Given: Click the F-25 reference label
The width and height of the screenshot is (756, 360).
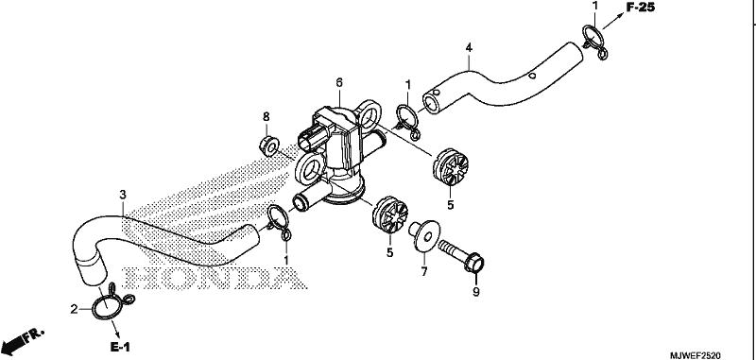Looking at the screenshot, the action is pos(641,8).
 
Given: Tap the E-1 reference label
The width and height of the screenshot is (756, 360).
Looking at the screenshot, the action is pos(120,347).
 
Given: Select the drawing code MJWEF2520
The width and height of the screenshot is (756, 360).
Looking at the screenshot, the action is pos(696,355).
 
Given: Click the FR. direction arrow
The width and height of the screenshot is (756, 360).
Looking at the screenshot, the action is pos(23,341).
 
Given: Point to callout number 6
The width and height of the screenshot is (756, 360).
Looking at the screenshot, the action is pos(339,83).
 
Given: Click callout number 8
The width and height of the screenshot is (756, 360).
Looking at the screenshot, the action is pos(266,116).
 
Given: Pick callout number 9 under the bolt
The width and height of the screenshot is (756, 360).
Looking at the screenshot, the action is pos(476,292).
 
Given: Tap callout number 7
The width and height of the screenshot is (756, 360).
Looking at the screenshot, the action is pos(423,272).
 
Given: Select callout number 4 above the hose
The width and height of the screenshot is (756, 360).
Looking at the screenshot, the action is pos(469,47).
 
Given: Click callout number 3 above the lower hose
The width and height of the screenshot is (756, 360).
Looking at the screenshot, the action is pos(123,195).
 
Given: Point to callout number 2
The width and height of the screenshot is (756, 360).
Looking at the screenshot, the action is pos(75,309).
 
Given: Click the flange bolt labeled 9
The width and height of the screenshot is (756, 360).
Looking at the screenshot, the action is pos(461,256).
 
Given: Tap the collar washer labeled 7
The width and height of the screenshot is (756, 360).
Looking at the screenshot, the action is pos(423,235).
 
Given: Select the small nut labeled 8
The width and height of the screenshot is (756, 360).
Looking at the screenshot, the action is pos(268,146).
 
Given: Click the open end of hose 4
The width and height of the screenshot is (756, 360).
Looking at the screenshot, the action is pos(432,103).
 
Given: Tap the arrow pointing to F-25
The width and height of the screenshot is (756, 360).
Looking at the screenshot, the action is pos(612,22).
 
